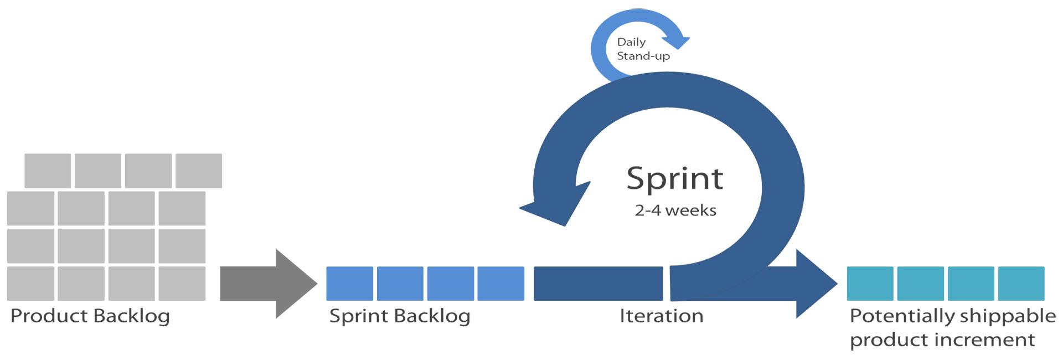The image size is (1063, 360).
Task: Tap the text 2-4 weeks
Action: click(x=675, y=210)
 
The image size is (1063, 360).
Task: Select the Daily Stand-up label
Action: click(x=643, y=49)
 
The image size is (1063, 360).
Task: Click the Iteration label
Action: click(x=662, y=316)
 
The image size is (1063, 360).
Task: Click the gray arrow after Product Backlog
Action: click(x=269, y=284)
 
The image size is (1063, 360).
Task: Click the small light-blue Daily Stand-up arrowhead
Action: click(x=677, y=42)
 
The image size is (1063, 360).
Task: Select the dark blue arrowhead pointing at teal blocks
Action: click(x=816, y=284)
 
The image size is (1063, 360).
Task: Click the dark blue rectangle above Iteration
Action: click(x=598, y=284)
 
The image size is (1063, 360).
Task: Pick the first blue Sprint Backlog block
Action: click(x=349, y=284)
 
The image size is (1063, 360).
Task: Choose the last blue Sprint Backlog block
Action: click(x=500, y=284)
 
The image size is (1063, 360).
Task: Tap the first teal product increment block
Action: click(x=870, y=284)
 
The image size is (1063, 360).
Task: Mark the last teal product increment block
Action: click(x=1021, y=284)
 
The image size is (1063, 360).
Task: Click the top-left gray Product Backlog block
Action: click(x=48, y=171)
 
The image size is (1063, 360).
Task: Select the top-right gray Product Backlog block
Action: click(x=199, y=171)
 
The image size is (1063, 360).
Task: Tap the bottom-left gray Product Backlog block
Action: click(x=30, y=284)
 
